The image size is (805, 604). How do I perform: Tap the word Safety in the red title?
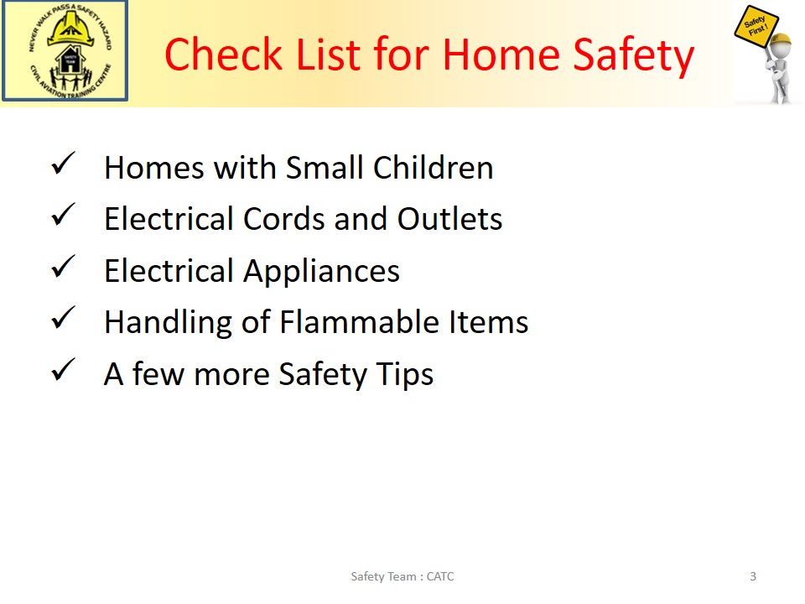(x=634, y=56)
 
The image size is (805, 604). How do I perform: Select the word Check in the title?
(x=224, y=54)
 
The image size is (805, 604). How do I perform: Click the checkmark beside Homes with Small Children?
(x=64, y=164)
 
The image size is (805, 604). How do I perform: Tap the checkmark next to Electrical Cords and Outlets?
(x=64, y=215)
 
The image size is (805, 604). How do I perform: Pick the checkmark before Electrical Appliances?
(x=64, y=267)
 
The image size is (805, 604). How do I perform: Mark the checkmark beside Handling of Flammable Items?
(x=64, y=318)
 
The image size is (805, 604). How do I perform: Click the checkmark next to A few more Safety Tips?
(x=64, y=370)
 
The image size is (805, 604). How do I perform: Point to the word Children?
(x=434, y=168)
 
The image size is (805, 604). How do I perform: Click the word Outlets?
(x=449, y=219)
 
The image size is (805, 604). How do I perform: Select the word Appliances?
(x=321, y=272)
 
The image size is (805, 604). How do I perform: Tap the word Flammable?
(x=360, y=322)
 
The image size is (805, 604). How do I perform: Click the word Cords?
(x=284, y=219)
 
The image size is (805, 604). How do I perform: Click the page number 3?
(x=753, y=576)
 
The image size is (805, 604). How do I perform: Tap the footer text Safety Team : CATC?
(x=402, y=577)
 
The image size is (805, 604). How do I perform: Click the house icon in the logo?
(x=70, y=60)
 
